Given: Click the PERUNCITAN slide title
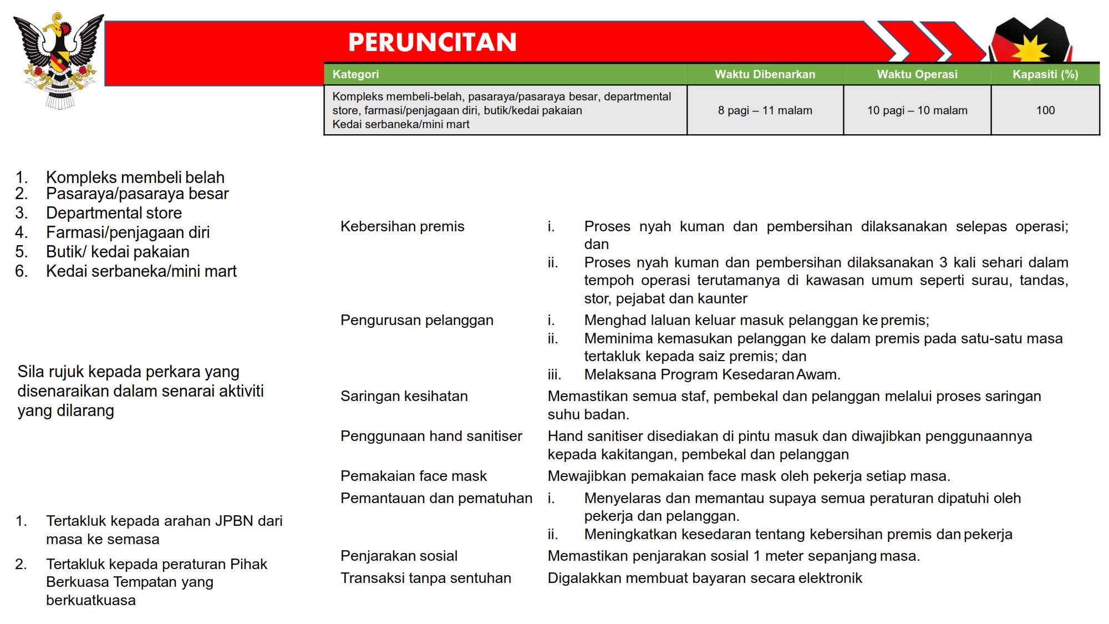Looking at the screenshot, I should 432,42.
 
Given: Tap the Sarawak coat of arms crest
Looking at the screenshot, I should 59,60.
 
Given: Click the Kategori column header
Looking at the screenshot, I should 355,74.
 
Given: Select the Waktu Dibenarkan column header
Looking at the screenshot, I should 765,74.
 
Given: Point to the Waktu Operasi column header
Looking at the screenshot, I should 917,74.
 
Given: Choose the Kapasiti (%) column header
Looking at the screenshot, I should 1045,74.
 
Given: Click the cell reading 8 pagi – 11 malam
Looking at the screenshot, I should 765,110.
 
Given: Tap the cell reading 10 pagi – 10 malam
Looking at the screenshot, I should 917,110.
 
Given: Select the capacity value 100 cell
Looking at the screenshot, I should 1045,110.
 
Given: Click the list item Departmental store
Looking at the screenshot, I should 114,213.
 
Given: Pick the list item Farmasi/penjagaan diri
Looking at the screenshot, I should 128,232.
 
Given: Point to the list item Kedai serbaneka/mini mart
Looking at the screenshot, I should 141,271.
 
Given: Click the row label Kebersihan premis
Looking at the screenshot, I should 402,226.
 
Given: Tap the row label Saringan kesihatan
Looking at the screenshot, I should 404,396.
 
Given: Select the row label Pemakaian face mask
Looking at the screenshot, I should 413,476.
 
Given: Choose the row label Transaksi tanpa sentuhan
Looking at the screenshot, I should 425,578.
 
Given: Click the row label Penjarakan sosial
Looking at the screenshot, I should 399,556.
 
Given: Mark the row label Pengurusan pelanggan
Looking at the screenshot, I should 416,320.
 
